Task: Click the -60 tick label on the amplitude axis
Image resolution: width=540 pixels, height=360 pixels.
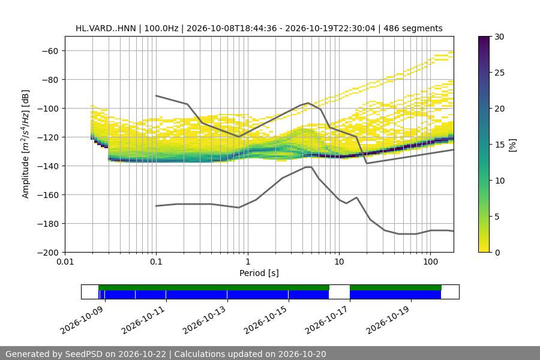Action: tap(50, 51)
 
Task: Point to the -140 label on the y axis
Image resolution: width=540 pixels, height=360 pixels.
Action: tap(48, 166)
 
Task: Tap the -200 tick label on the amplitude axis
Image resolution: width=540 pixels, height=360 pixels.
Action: tap(48, 253)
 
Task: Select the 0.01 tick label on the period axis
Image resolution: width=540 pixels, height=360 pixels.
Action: tap(65, 262)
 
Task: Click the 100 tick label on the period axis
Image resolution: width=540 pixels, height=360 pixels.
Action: tap(430, 262)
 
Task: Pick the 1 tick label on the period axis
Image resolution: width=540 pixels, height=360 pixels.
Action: tap(248, 262)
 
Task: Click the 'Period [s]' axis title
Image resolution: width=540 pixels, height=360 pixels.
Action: tap(259, 273)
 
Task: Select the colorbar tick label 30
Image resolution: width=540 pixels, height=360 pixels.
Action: tap(499, 37)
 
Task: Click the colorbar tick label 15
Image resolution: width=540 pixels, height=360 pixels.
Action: tap(499, 145)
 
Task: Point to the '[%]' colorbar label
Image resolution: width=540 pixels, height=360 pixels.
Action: tap(513, 145)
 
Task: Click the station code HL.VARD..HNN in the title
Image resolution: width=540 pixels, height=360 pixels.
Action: tap(106, 28)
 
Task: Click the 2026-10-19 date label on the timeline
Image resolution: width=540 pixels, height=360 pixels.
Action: tap(388, 320)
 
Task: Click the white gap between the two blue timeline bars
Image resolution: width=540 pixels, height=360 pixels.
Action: tap(339, 295)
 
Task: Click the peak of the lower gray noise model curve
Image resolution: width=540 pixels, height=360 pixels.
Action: tap(308, 167)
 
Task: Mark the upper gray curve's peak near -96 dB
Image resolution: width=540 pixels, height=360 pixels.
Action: tap(308, 103)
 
